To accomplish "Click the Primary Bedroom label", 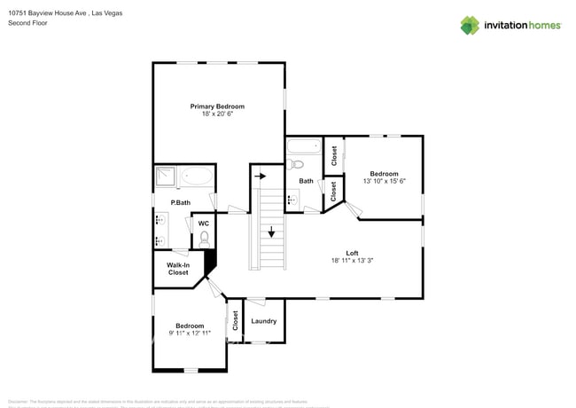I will pos(217,106).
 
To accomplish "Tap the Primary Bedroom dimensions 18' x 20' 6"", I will pos(217,114).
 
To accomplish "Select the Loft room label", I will pos(352,253).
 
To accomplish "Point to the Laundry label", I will pos(264,321).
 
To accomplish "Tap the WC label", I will pos(203,224).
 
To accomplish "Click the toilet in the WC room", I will pos(204,238).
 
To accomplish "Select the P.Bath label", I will pos(180,203).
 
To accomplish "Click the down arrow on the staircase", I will pos(271,233).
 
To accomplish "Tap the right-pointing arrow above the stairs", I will pos(261,177).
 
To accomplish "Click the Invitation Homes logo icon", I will pos(470,25).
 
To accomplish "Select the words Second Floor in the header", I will pos(27,23).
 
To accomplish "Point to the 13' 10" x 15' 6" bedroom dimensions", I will pos(384,181).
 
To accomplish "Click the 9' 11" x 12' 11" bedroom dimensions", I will pos(189,333).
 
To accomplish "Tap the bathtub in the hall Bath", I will pos(304,146).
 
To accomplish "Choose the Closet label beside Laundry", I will pos(236,321).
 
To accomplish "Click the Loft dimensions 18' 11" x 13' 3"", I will pos(352,261).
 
